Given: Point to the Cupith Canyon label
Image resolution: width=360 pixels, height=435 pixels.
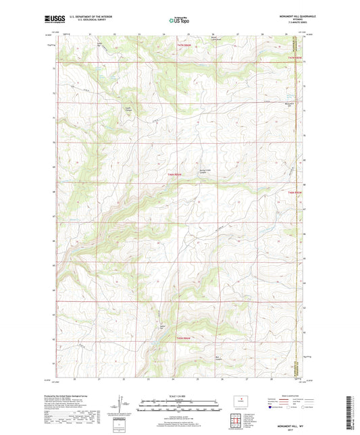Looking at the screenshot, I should (128, 107).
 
